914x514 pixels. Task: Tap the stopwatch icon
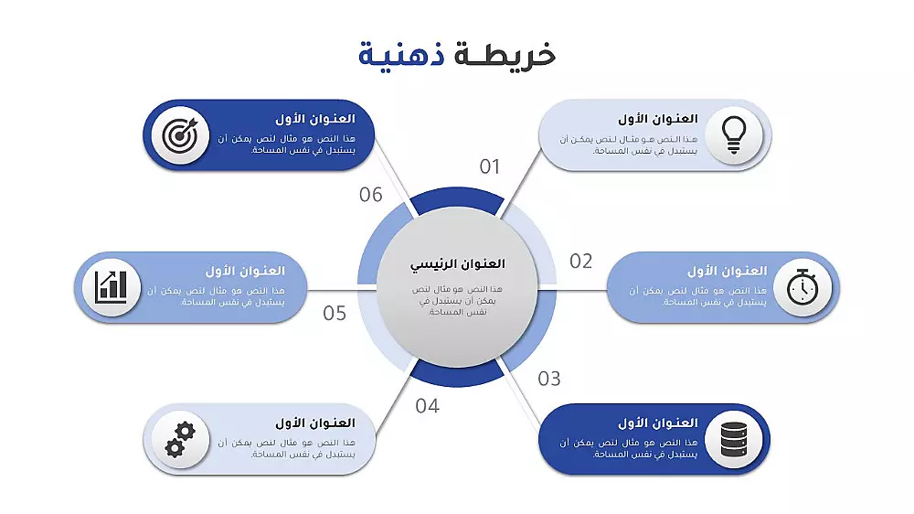coord(802,287)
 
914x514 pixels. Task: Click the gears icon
coord(180,439)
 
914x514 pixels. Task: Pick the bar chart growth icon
coord(112,287)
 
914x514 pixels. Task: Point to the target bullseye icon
coord(180,135)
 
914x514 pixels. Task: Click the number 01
coord(491,166)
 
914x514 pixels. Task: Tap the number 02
coord(581,262)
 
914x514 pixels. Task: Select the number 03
coord(549,379)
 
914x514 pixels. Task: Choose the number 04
coord(428,406)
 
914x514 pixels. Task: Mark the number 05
coord(335,314)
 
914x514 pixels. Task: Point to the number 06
coord(371,195)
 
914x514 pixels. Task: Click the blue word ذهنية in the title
coord(395,54)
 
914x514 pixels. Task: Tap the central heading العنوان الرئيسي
coord(457,263)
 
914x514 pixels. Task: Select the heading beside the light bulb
coord(657,119)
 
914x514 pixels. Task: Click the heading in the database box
coord(657,423)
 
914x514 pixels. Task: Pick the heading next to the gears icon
coord(314,423)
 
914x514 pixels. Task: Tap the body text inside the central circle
coord(457,300)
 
